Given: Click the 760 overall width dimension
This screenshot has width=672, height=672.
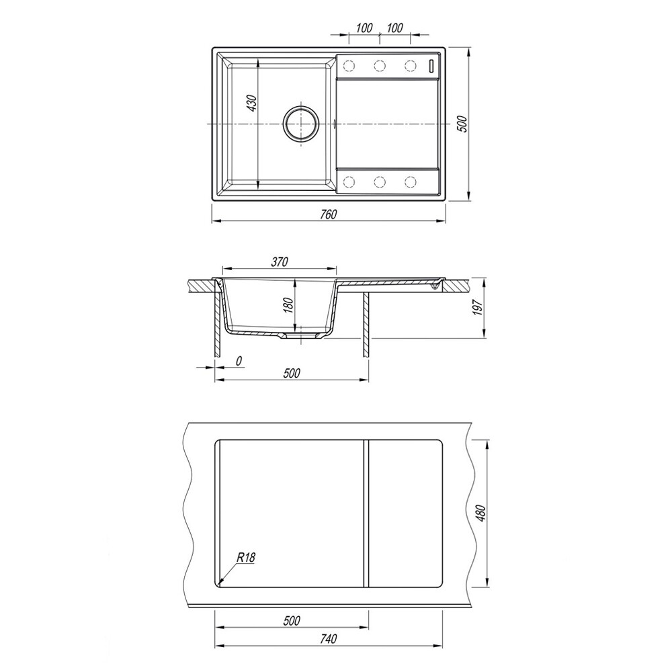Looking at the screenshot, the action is point(329,215).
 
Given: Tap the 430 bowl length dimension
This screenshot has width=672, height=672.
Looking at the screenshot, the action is point(253,103).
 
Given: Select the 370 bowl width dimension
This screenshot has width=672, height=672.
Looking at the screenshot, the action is point(280,262).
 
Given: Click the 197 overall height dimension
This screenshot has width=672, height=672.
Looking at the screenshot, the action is point(478,307).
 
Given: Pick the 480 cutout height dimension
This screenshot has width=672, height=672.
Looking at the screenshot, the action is point(481,513).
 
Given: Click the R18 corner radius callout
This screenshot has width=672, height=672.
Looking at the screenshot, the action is point(246,558).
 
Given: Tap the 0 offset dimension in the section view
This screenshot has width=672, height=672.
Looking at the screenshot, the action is point(239,362).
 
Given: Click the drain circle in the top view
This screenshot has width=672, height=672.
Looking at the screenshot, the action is point(301,124).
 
